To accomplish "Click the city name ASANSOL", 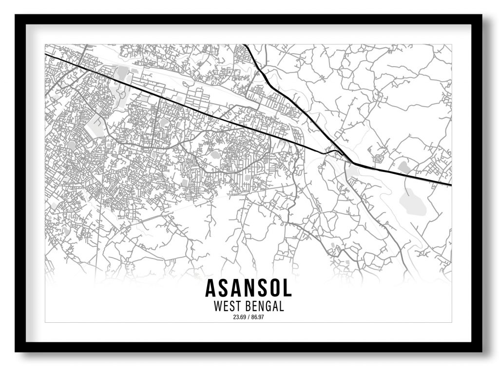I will point(249,288).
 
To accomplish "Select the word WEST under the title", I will point(228,307).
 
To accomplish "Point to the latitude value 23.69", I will point(239,317).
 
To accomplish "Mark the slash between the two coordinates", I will point(249,317).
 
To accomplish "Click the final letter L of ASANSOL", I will point(287,288).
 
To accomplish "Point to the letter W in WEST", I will point(218,307).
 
